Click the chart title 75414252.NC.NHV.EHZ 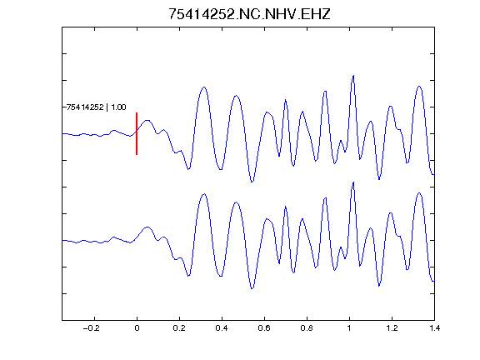click(249, 14)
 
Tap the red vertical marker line click(137, 133)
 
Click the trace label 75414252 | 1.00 click(96, 107)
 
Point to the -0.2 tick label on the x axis click(92, 328)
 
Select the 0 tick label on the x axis click(137, 328)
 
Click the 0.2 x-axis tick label click(179, 328)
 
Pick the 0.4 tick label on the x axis click(222, 328)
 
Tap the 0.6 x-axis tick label click(264, 328)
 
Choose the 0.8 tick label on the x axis click(307, 328)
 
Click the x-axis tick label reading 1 click(349, 328)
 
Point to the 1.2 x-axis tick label click(392, 328)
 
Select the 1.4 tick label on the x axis click(434, 328)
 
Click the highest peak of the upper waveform click(353, 75)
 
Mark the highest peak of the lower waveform click(353, 182)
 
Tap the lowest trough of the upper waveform click(252, 182)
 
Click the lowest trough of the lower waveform click(252, 288)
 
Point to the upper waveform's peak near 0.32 click(204, 87)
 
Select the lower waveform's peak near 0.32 click(204, 194)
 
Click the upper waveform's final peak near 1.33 click(419, 87)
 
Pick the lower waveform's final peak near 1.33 click(419, 192)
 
